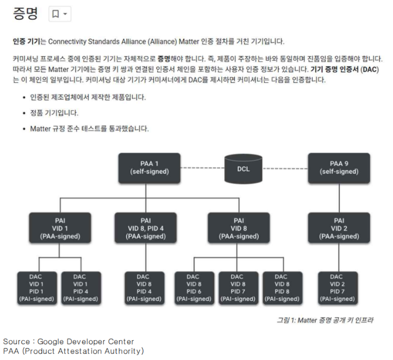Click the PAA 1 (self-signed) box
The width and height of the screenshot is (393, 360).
[x=149, y=167]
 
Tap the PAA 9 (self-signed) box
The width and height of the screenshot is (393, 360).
[x=339, y=167]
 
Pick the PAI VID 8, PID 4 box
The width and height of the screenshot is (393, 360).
[x=146, y=228]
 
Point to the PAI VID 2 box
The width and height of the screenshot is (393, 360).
[x=339, y=228]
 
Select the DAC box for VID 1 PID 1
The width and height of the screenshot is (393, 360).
[x=36, y=288]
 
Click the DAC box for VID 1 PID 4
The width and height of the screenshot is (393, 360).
[x=80, y=288]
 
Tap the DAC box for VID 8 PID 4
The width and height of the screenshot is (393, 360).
[x=142, y=288]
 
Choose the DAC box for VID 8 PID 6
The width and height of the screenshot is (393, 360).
[x=193, y=288]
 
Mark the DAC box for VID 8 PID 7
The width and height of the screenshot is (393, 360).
[x=237, y=288]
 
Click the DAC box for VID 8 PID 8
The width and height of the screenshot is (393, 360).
[x=281, y=288]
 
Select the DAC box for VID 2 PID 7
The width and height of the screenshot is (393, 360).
[x=337, y=288]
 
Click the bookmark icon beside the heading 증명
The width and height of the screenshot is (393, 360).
[x=55, y=14]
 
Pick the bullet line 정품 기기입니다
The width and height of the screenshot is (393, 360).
[x=55, y=113]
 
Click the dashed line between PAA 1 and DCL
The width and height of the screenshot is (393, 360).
[x=202, y=168]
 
